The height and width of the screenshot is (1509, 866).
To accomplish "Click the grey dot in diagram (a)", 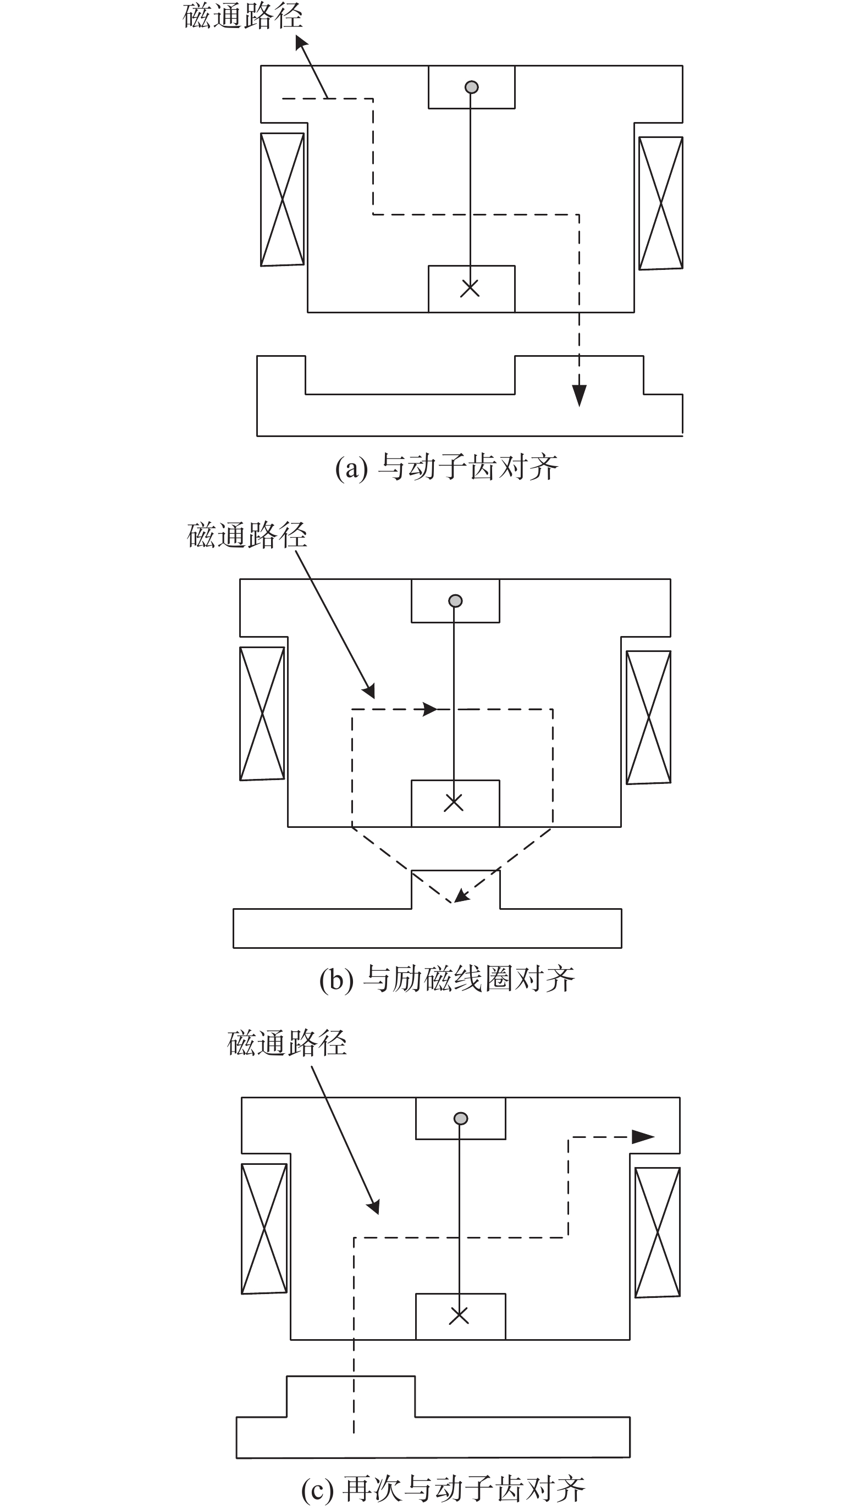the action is [471, 87].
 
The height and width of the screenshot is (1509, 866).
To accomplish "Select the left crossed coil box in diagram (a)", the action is [283, 199].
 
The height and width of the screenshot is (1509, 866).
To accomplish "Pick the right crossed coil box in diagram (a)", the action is [660, 203].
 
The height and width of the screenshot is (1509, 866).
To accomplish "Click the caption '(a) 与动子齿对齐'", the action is [446, 467].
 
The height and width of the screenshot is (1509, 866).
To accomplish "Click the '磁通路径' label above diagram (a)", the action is [242, 16].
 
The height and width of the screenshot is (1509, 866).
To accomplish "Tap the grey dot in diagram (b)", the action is [455, 601].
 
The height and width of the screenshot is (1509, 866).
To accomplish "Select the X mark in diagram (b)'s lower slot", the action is [454, 803].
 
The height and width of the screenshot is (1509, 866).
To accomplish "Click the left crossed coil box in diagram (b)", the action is [262, 714].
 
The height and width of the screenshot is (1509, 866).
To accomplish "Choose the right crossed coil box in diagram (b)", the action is [648, 717].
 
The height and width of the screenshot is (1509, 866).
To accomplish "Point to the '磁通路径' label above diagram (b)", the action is [247, 535].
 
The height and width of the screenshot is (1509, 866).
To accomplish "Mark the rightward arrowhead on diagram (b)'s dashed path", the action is [429, 709].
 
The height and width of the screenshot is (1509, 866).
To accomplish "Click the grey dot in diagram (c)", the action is [460, 1118].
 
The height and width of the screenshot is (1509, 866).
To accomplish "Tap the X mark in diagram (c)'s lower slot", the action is [459, 1315].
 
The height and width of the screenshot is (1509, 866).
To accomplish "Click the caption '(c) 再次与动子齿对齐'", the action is [444, 1490].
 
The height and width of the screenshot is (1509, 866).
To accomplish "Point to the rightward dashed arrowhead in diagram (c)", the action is [643, 1137].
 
